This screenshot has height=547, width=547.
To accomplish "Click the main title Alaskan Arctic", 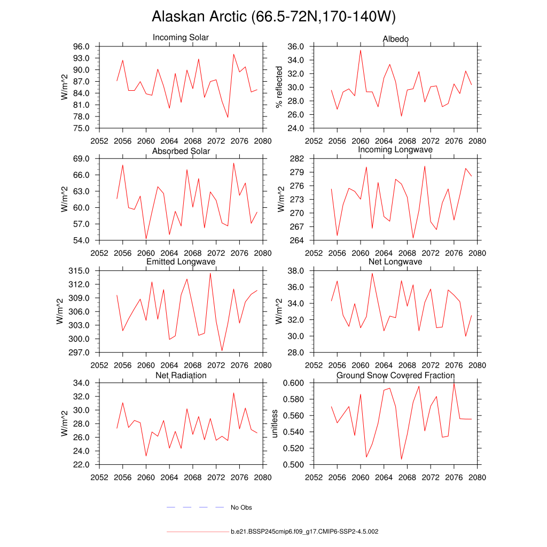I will [273, 17].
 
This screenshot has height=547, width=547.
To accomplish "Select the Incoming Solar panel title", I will [181, 37].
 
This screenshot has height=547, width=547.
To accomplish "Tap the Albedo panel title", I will [396, 39].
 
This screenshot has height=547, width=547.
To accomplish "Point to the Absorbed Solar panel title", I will [181, 151].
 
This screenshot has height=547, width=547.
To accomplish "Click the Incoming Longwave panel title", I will [395, 150].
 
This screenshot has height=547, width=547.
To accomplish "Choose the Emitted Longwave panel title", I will [181, 262].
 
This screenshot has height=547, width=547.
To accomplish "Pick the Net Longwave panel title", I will [395, 262].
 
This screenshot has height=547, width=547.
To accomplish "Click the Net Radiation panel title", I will [181, 376].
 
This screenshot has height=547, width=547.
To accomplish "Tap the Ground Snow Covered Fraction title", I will [395, 376].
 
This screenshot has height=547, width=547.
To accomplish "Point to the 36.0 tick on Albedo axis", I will [297, 46].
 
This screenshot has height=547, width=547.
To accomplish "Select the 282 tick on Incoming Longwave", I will [298, 159].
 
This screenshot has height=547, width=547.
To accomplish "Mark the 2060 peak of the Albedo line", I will [361, 50].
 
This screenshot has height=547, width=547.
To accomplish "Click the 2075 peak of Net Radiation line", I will [233, 393].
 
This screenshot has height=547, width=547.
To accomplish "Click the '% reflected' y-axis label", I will [278, 88].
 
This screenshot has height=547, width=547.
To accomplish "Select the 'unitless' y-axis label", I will [275, 424].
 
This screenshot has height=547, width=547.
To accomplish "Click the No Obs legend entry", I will [241, 507].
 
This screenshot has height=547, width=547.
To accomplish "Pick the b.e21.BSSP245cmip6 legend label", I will [304, 532].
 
